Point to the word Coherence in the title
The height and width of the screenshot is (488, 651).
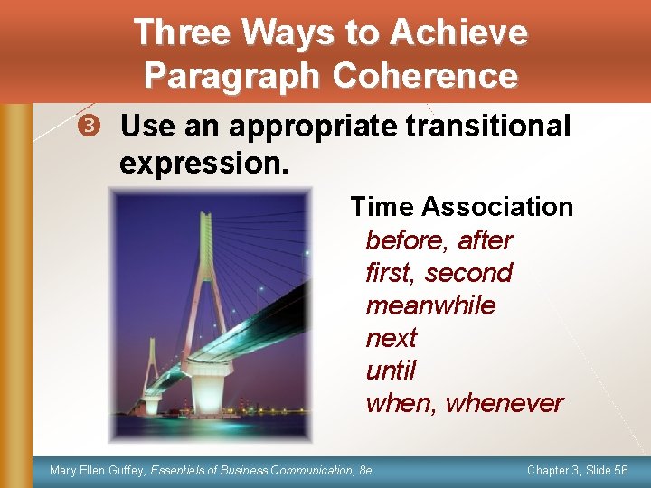[425, 76]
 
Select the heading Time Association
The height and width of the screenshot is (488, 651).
[461, 207]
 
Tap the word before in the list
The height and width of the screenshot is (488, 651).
[407, 240]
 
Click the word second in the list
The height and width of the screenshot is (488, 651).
[468, 273]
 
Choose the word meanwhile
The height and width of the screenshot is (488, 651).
[430, 305]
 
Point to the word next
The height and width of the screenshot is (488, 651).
[391, 338]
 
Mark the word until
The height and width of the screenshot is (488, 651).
[391, 371]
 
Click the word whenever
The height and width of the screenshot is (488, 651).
[505, 403]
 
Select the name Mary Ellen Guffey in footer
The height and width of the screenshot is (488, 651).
[98, 471]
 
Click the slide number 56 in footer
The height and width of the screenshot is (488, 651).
[620, 471]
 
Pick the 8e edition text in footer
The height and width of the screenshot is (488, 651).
[364, 471]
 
